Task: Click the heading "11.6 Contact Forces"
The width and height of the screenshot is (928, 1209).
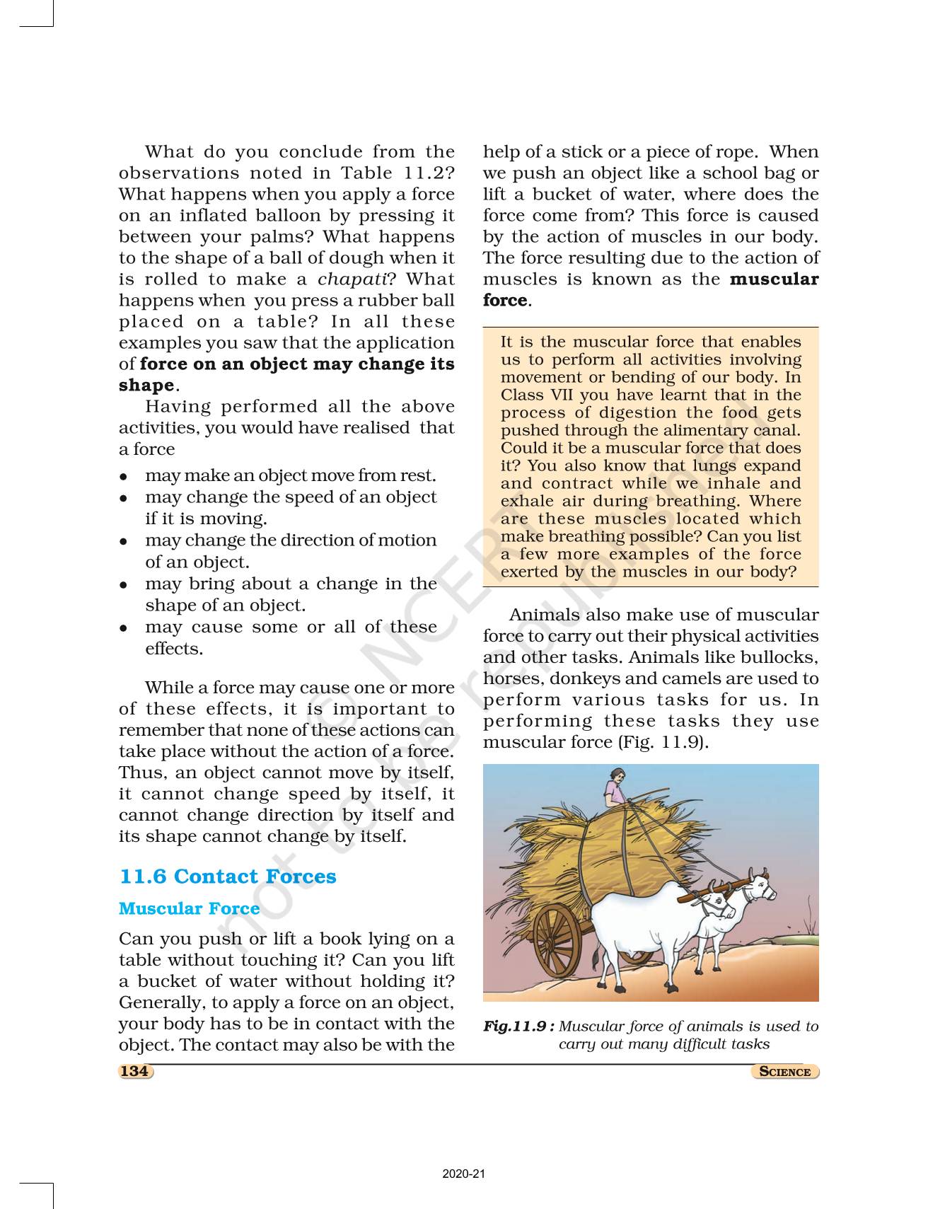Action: (228, 877)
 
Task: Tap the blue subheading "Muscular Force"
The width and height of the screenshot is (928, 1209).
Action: (189, 908)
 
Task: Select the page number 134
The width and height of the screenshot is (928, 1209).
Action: (134, 1071)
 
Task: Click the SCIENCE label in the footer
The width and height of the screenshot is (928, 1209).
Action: (784, 1072)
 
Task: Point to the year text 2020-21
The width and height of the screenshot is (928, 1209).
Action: (464, 1174)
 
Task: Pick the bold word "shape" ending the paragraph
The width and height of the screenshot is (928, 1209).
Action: (146, 386)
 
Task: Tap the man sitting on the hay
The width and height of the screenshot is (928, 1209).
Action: (615, 785)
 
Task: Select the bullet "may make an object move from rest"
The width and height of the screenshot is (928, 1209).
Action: (290, 475)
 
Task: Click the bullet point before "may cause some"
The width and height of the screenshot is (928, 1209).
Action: (124, 627)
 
